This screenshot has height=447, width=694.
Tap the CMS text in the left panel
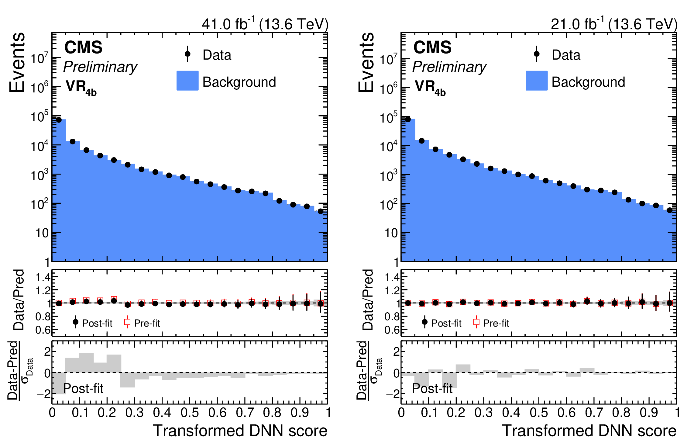pos(83,47)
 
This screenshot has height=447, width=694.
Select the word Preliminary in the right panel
pos(449,67)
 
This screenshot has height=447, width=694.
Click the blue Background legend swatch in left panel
pos(187,81)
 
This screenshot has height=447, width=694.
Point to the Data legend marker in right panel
pos(537,54)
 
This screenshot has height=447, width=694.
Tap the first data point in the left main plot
pos(59,120)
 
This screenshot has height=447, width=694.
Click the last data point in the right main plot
pos(670,210)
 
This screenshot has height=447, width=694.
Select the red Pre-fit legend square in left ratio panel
pos(127,322)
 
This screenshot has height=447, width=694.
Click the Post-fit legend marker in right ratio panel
pos(425,322)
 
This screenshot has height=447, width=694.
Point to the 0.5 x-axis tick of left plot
pos(190,413)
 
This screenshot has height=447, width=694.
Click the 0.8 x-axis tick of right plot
pos(621,413)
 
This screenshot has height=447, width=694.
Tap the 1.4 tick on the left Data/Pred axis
pos(43,277)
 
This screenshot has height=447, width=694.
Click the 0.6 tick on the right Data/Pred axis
pos(392,330)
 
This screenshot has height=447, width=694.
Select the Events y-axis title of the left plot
pos(17,62)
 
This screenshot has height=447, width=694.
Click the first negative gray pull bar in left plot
pos(59,383)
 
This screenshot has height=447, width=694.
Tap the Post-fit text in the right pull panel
pos(432,389)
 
